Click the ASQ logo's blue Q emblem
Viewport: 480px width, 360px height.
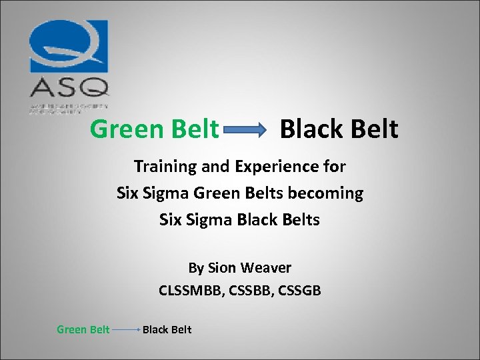68,47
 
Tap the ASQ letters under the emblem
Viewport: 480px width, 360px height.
68,87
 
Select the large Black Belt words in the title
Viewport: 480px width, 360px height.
339,129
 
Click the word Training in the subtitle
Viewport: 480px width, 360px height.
164,165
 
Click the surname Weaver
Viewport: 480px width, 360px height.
265,268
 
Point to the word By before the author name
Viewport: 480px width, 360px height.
196,268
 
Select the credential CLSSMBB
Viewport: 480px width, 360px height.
188,291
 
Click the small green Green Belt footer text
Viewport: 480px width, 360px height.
83,329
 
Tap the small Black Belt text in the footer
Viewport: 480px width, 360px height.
167,329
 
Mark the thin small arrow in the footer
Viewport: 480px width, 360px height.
126,330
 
